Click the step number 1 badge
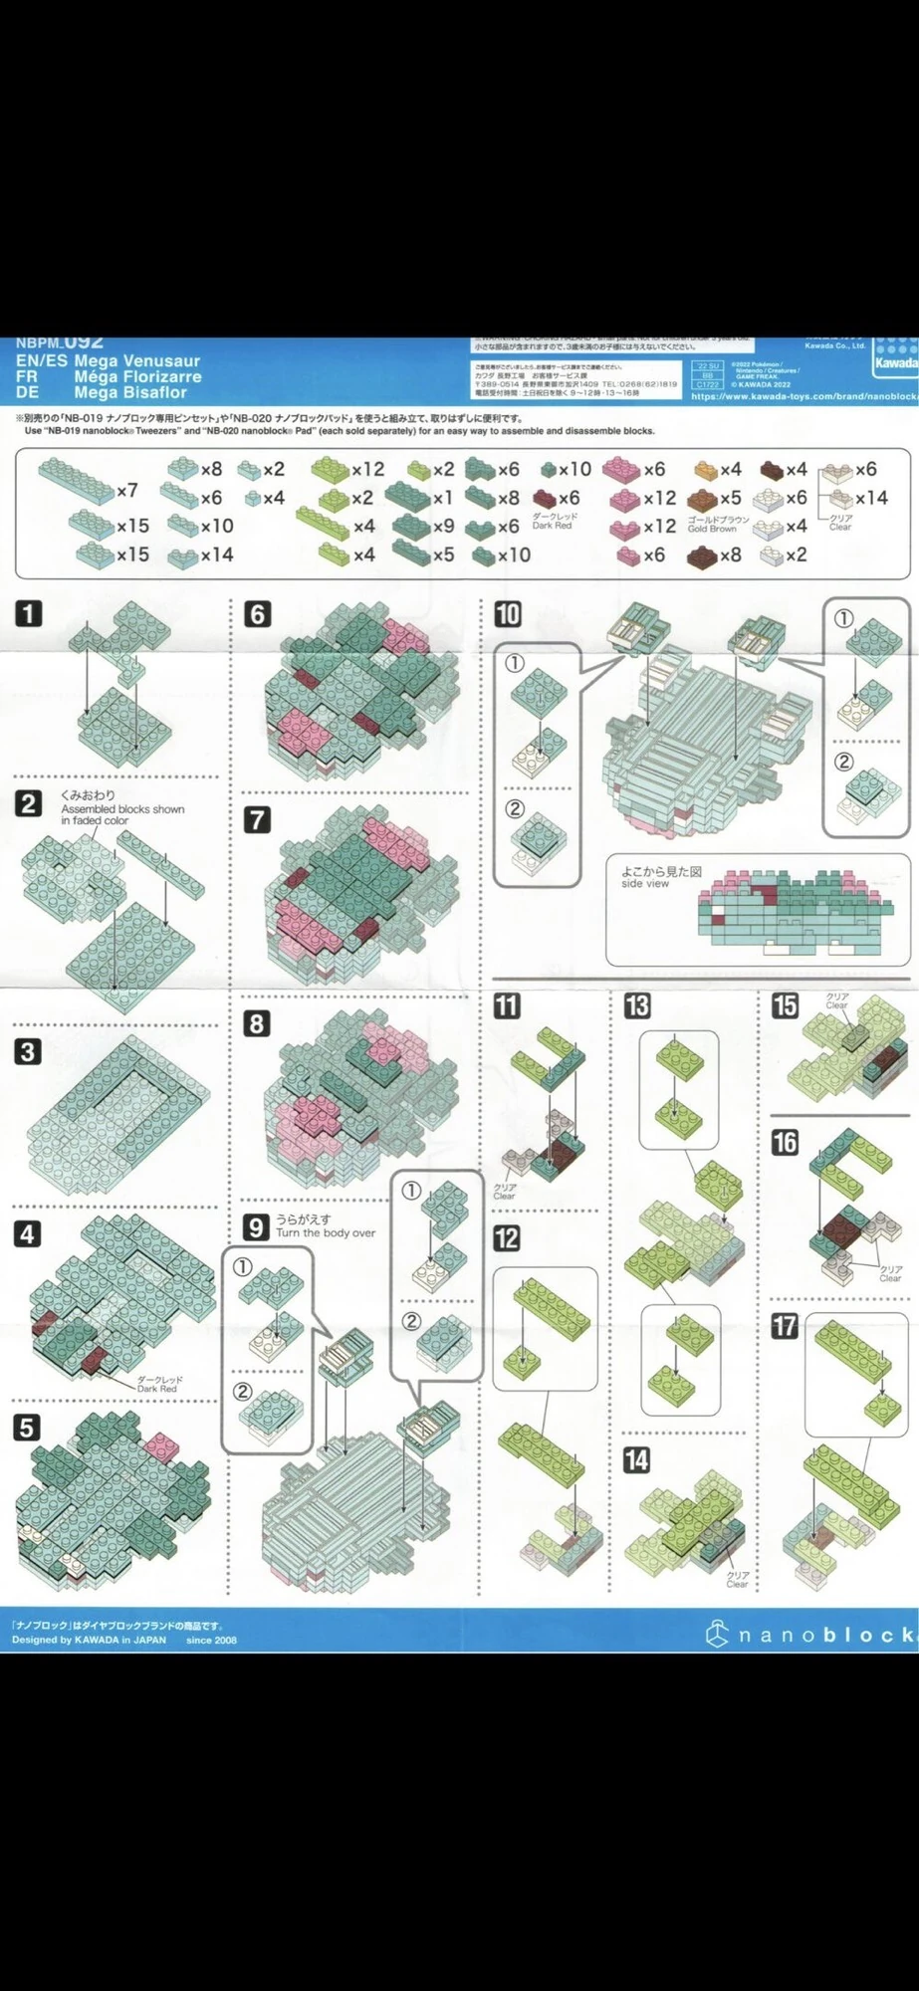click(28, 612)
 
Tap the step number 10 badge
click(507, 613)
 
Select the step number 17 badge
click(785, 1325)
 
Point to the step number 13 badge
click(636, 1005)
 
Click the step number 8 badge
click(257, 1023)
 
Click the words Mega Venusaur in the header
click(136, 361)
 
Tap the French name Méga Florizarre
click(137, 377)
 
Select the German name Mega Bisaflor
click(130, 392)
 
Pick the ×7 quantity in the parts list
click(126, 491)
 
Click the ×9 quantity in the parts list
click(443, 526)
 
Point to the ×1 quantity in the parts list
click(442, 498)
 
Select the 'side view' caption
click(645, 883)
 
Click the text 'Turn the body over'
click(326, 1232)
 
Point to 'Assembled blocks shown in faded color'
click(121, 814)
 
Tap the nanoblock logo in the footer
click(811, 1635)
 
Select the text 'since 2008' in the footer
click(211, 1640)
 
